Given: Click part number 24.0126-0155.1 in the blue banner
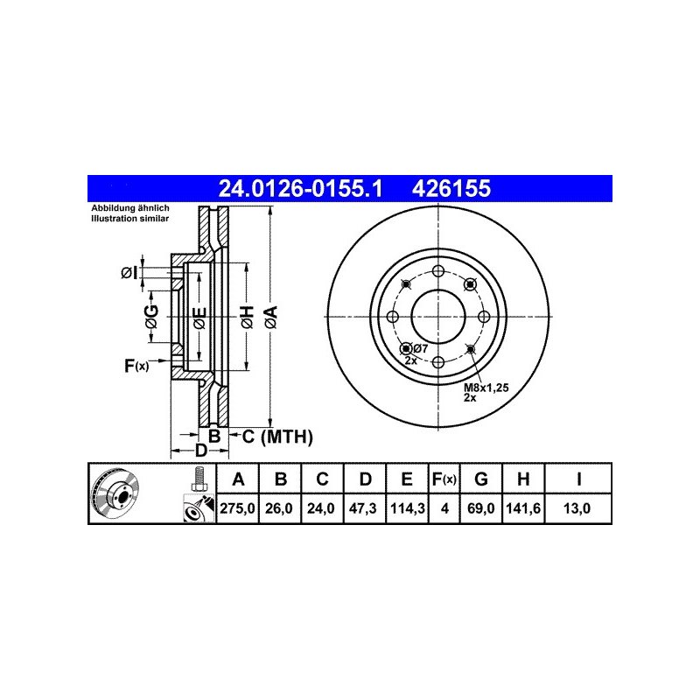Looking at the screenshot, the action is (x=300, y=188).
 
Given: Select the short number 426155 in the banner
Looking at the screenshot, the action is (x=451, y=188).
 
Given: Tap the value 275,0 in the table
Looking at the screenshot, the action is (x=237, y=508).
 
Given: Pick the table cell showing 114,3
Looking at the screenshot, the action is (x=407, y=508).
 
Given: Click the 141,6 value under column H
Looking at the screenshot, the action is (x=523, y=508).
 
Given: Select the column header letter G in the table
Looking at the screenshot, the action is (x=480, y=479).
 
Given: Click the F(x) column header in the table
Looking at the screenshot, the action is (x=444, y=479).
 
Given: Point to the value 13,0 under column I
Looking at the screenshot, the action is (x=577, y=508).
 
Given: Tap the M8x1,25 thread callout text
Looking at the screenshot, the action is (x=486, y=388).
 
